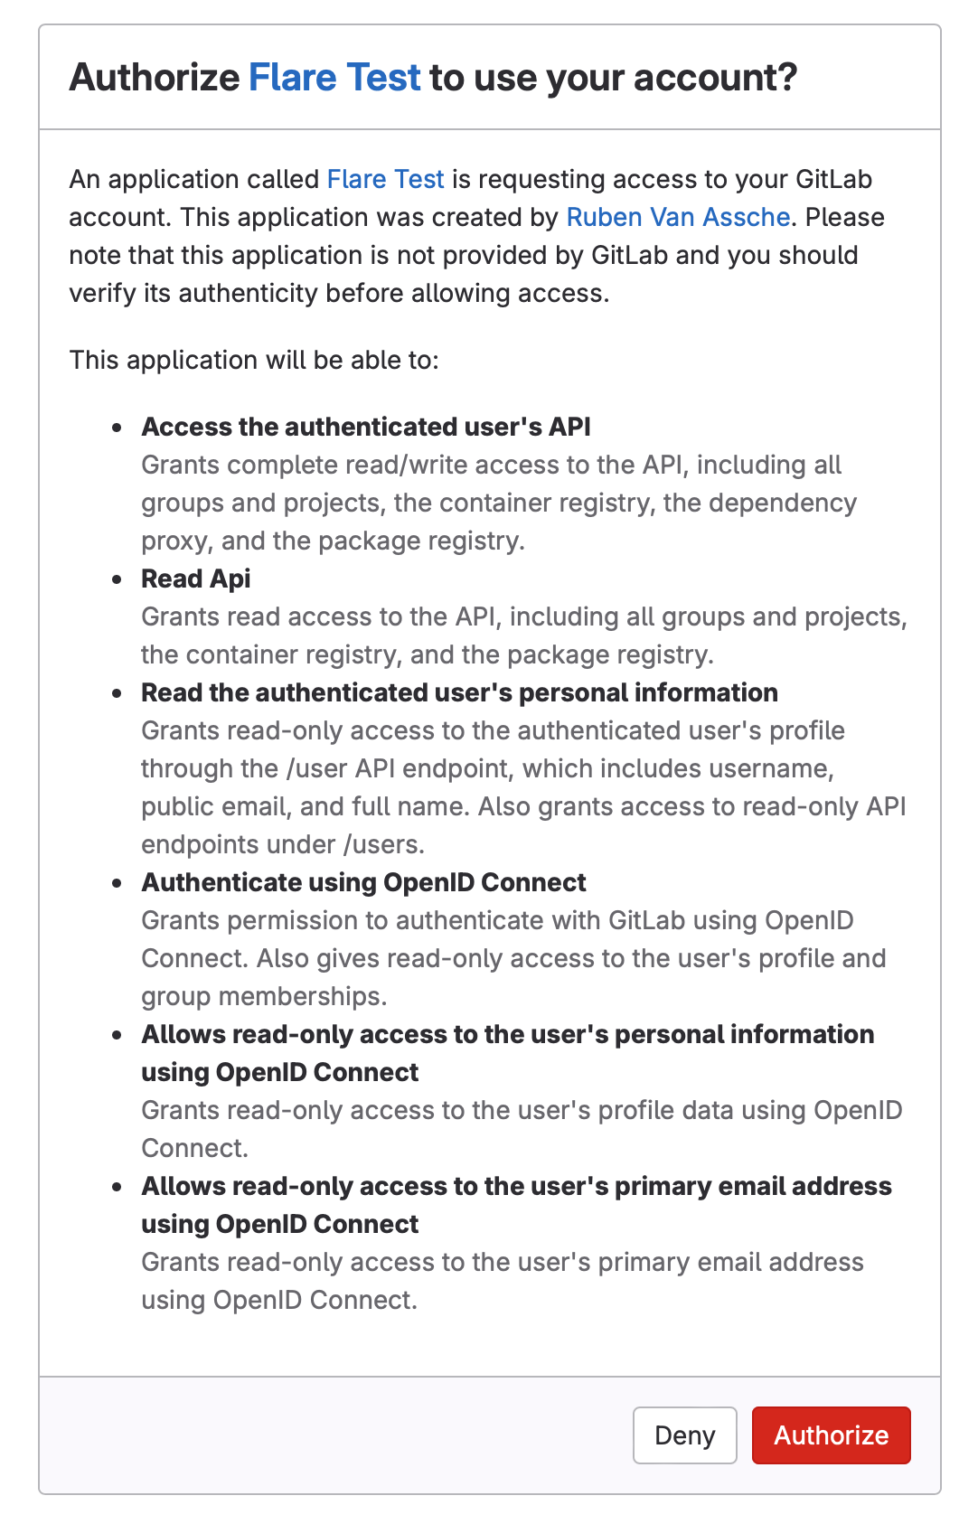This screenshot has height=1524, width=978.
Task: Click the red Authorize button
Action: point(831,1435)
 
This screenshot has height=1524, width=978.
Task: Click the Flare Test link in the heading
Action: point(334,78)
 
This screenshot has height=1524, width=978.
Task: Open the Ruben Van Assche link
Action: point(678,217)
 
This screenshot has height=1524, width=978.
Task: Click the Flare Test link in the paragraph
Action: point(385,179)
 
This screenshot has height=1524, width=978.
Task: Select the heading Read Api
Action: point(196,579)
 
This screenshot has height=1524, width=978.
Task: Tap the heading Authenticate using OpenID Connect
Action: point(363,882)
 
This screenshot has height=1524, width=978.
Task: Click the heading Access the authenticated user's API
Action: point(366,427)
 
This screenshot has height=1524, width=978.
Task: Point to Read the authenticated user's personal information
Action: point(459,692)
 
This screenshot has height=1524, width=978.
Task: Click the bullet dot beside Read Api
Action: point(117,579)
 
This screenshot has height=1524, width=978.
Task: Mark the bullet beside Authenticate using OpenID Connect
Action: point(117,883)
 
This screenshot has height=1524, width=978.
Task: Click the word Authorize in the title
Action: point(154,78)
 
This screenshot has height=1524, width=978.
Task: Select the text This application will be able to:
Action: point(254,360)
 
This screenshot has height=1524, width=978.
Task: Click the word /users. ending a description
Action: point(383,844)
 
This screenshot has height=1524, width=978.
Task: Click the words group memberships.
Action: point(264,996)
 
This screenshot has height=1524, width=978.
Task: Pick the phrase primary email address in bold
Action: point(753,1186)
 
